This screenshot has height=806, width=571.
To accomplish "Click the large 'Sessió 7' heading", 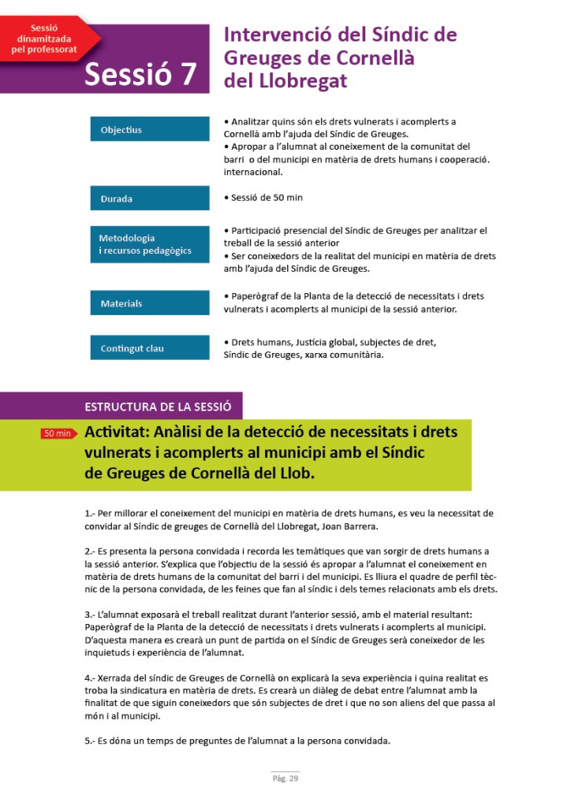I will tap(140, 73).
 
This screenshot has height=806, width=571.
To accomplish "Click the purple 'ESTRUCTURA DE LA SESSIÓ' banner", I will tap(158, 407).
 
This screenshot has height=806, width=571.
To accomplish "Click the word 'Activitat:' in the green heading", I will tap(117, 432).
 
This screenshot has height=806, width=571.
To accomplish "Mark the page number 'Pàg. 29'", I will tap(285, 779).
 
